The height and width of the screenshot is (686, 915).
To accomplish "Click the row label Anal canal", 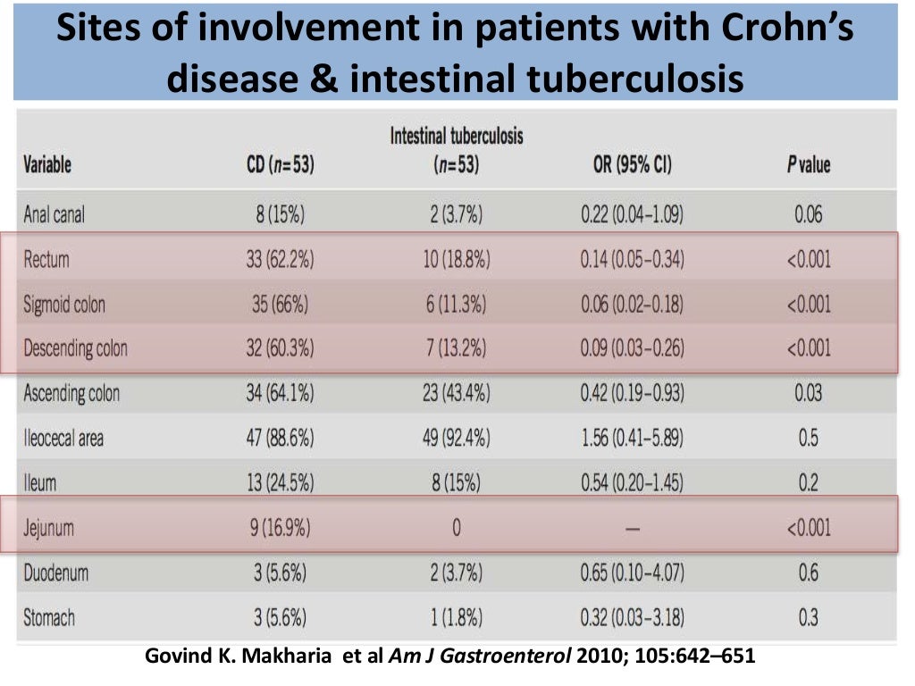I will tap(55, 214).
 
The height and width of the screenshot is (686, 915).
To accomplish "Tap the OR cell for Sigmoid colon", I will tap(632, 305).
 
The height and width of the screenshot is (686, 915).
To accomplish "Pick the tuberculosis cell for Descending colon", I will tap(456, 348).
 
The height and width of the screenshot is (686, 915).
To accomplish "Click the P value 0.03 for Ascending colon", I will tap(808, 393).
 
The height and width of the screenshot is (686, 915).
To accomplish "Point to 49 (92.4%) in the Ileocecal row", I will tap(456, 438).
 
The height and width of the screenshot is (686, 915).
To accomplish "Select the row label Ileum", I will tap(39, 483).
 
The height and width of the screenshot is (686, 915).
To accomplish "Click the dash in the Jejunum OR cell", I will tap(632, 529).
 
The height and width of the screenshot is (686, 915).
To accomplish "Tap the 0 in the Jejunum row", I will tap(456, 528).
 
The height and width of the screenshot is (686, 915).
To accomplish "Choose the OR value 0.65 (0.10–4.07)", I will tap(632, 573).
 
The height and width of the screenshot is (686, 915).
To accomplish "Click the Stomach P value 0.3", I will tap(808, 617).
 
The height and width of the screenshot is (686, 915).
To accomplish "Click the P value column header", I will tap(808, 165).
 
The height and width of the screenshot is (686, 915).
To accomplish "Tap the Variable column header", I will tap(47, 165).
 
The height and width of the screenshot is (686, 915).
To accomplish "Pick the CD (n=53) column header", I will tap(281, 165).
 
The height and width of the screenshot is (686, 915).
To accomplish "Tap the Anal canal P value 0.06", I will tap(808, 214).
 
